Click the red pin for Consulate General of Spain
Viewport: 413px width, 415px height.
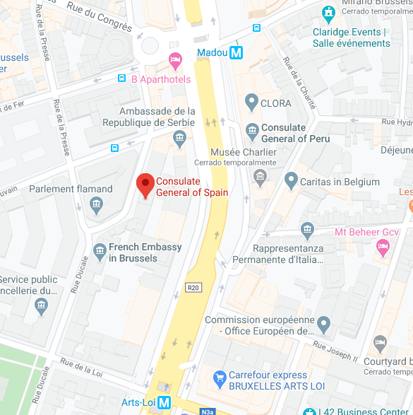[x=145, y=185]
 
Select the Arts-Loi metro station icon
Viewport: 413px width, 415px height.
[x=164, y=402]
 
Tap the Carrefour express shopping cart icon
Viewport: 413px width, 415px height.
[x=218, y=376]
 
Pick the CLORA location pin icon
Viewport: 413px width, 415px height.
[x=251, y=103]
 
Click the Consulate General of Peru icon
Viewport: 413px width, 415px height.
[x=252, y=131]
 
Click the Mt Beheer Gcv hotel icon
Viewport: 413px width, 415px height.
[x=383, y=247]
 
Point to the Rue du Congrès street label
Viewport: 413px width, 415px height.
[x=100, y=16]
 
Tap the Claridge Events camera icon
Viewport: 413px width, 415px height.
[x=328, y=12]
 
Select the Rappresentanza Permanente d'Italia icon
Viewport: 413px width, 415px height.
[x=307, y=229]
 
